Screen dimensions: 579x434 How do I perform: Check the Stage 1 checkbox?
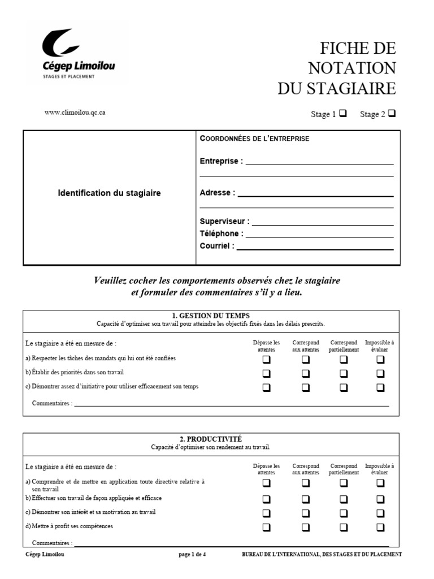tap(342, 113)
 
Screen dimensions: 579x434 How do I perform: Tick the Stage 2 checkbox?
tap(392, 113)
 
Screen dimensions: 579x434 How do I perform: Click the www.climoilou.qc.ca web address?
tap(75, 113)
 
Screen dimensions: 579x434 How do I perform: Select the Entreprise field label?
tap(221, 161)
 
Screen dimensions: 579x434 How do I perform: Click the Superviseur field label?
tap(224, 222)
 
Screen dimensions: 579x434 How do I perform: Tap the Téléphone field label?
tap(222, 234)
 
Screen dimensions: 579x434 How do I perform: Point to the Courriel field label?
tap(217, 246)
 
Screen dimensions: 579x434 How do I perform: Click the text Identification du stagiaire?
tap(109, 193)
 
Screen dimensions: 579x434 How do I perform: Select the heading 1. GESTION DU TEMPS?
tap(211, 316)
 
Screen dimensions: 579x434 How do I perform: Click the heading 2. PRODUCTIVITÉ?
tap(211, 439)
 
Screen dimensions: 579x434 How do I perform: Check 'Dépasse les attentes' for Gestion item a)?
tap(266, 360)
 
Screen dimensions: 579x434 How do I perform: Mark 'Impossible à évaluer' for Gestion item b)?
tap(380, 373)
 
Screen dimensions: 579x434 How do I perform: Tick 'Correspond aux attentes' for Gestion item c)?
tap(305, 387)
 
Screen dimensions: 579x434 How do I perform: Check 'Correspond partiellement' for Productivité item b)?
tap(343, 499)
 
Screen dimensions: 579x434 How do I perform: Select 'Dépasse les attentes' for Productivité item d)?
tap(266, 527)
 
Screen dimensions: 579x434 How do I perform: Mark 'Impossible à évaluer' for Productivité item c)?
tap(380, 513)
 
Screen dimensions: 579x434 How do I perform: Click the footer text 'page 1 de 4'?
tap(192, 555)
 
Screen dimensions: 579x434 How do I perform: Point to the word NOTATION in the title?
tap(351, 68)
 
